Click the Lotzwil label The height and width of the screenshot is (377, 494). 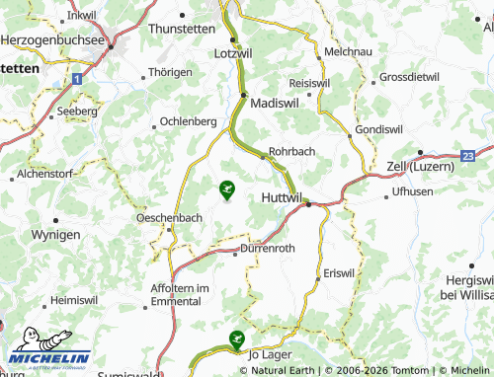(x=234, y=52)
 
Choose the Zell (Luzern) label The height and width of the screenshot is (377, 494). (x=421, y=166)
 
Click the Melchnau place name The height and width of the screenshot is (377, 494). (x=347, y=49)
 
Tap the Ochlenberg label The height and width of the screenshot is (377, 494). (x=188, y=121)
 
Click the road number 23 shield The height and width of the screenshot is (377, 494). (x=467, y=155)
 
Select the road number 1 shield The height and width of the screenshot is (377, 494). (x=78, y=76)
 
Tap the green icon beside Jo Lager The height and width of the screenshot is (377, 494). (x=236, y=339)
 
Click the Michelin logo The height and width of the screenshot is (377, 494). (x=47, y=350)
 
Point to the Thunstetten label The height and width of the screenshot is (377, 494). (x=181, y=30)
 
